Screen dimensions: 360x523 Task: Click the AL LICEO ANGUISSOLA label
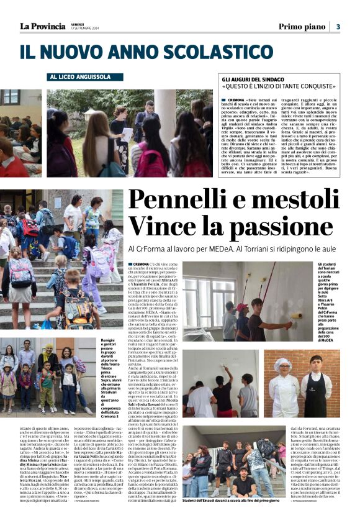78,77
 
